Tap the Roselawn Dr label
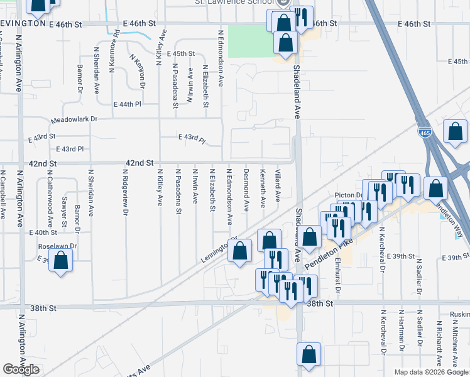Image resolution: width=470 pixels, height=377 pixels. pos(57,246)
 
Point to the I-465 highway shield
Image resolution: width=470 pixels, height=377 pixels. pos(424,132)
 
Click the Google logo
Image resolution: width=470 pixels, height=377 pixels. pos(21,369)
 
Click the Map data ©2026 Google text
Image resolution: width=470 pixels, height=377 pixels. pos(431,372)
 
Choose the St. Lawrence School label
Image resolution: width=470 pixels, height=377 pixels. pos(241,3)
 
